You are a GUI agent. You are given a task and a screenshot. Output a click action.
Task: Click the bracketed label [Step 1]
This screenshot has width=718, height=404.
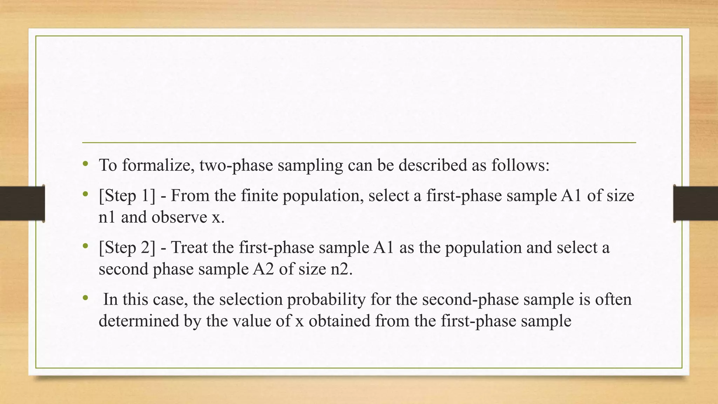click(x=127, y=196)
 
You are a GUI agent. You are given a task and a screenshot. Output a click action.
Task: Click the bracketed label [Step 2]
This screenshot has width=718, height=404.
click(x=127, y=248)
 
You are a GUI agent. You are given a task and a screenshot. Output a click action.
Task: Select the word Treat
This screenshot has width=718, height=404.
click(x=189, y=248)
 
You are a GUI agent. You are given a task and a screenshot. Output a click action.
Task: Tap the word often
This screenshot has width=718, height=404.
click(x=613, y=299)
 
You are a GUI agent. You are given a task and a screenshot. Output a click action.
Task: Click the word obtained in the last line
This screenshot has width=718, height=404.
click(x=339, y=321)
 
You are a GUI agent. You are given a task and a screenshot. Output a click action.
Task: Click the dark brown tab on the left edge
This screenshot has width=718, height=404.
click(x=22, y=203)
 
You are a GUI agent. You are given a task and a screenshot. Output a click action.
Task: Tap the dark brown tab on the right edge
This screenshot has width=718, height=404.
click(x=696, y=203)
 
